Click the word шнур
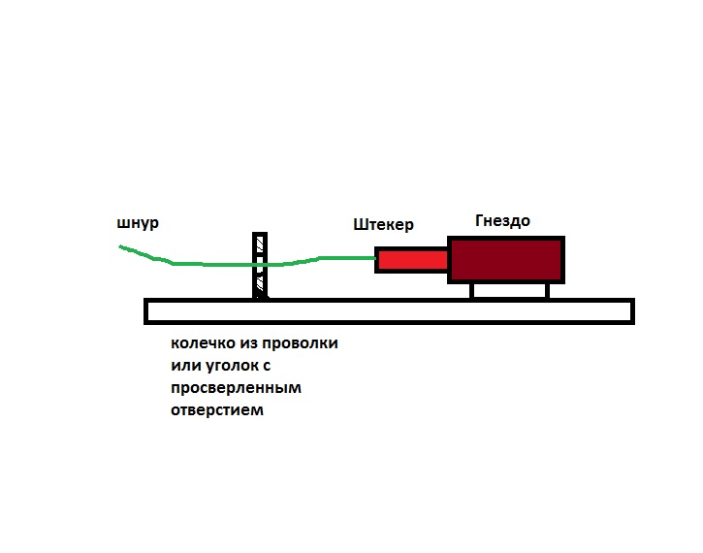[x=138, y=223]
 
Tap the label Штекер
[x=384, y=225]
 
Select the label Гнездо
[x=502, y=220]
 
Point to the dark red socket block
[x=505, y=259]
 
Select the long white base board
[x=388, y=310]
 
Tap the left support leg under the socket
[x=472, y=291]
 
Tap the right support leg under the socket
[x=548, y=291]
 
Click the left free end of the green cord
[x=120, y=246]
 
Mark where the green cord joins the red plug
[x=376, y=258]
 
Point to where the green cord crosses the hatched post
[x=259, y=264]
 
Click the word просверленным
[x=236, y=388]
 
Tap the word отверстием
[x=216, y=409]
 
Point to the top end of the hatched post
[x=259, y=235]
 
